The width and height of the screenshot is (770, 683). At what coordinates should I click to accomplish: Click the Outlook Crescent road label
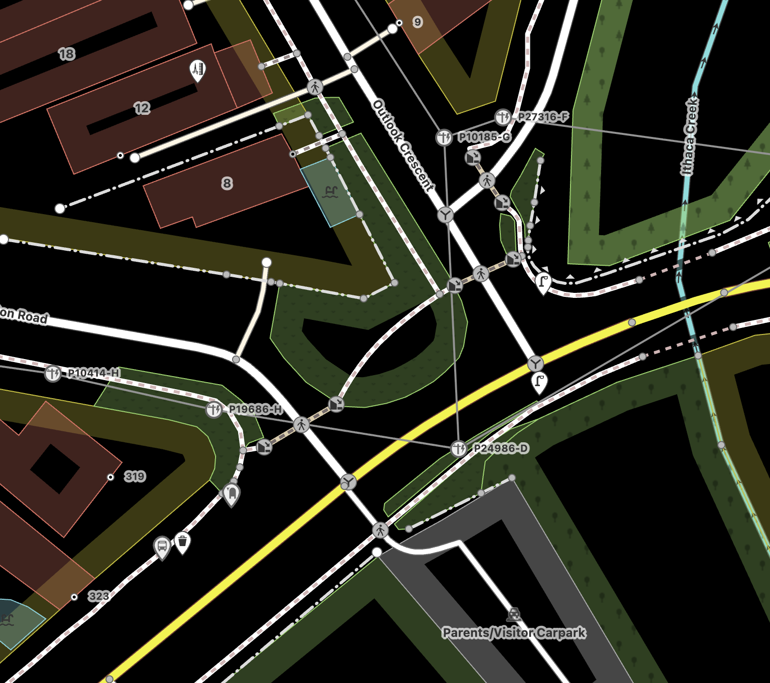point(404,145)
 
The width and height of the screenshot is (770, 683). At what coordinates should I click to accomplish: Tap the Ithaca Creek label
point(690,136)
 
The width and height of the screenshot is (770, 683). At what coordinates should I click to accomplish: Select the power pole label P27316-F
point(543,117)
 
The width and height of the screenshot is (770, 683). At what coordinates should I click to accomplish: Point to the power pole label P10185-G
point(485,137)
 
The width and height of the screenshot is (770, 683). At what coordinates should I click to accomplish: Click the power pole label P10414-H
point(94,373)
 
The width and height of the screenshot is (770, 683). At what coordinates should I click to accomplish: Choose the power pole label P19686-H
point(255,409)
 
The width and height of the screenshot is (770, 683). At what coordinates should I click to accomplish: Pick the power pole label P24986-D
point(501,448)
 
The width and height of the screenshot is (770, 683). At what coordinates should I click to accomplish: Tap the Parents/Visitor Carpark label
point(514,633)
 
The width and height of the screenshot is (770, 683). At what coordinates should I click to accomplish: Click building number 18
point(67,54)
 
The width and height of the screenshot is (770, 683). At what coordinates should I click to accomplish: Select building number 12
point(142,108)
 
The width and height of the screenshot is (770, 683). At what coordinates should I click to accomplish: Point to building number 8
point(227,183)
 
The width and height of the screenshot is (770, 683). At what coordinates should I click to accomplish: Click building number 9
point(418,22)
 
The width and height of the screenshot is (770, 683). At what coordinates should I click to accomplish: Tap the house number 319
point(135,476)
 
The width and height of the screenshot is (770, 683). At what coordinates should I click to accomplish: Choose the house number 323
point(99,596)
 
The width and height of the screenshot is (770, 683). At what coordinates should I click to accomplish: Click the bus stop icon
point(162,546)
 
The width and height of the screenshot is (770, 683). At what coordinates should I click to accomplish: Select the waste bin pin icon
point(182,541)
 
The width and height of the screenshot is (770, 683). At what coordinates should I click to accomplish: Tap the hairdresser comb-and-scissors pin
point(198,68)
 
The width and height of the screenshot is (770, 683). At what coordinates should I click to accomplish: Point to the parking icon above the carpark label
point(514,614)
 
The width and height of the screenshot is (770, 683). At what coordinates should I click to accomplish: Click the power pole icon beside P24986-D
point(459,448)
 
